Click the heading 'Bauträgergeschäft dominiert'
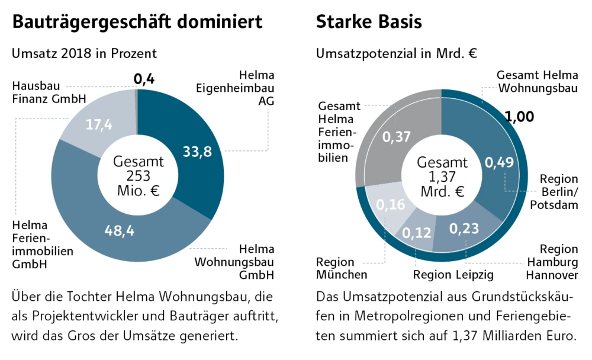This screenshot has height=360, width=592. (137, 22)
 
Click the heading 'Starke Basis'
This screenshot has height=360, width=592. (369, 22)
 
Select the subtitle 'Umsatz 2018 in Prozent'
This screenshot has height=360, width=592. (84, 53)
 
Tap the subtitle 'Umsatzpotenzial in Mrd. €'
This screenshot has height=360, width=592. (397, 53)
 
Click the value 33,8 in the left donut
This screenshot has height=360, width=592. (197, 152)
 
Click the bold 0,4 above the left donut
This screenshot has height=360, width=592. (144, 79)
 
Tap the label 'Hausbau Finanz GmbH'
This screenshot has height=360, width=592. (49, 92)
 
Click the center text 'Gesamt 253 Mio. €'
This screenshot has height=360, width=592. (139, 176)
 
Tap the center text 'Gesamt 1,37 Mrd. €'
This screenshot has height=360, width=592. (442, 176)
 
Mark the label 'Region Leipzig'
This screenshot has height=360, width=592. (453, 274)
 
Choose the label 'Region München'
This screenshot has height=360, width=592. (342, 268)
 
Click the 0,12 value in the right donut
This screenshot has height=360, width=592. (417, 233)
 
